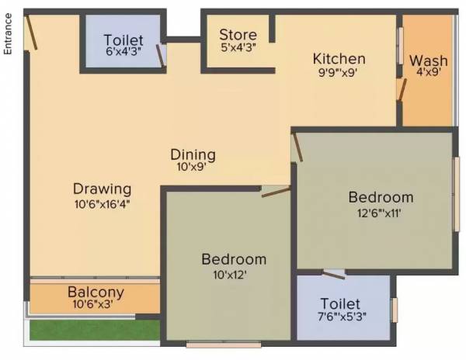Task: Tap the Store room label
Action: [x=238, y=34]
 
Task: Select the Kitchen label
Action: [x=339, y=59]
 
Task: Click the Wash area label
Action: [x=427, y=61]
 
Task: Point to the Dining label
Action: [x=193, y=154]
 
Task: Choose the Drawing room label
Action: [x=102, y=189]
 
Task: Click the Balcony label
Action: [x=96, y=292]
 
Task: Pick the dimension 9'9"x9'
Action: [x=339, y=74]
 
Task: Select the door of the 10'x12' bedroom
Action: [x=275, y=192]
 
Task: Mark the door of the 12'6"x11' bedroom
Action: [x=297, y=147]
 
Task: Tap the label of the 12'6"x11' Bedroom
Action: [x=380, y=196]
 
